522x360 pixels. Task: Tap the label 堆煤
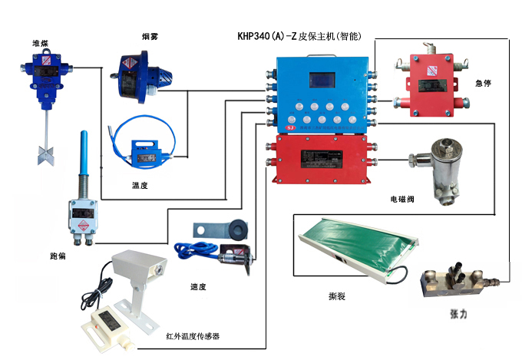pyautogui.click(x=41, y=42)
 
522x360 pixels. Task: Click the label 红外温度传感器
pyautogui.click(x=198, y=336)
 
